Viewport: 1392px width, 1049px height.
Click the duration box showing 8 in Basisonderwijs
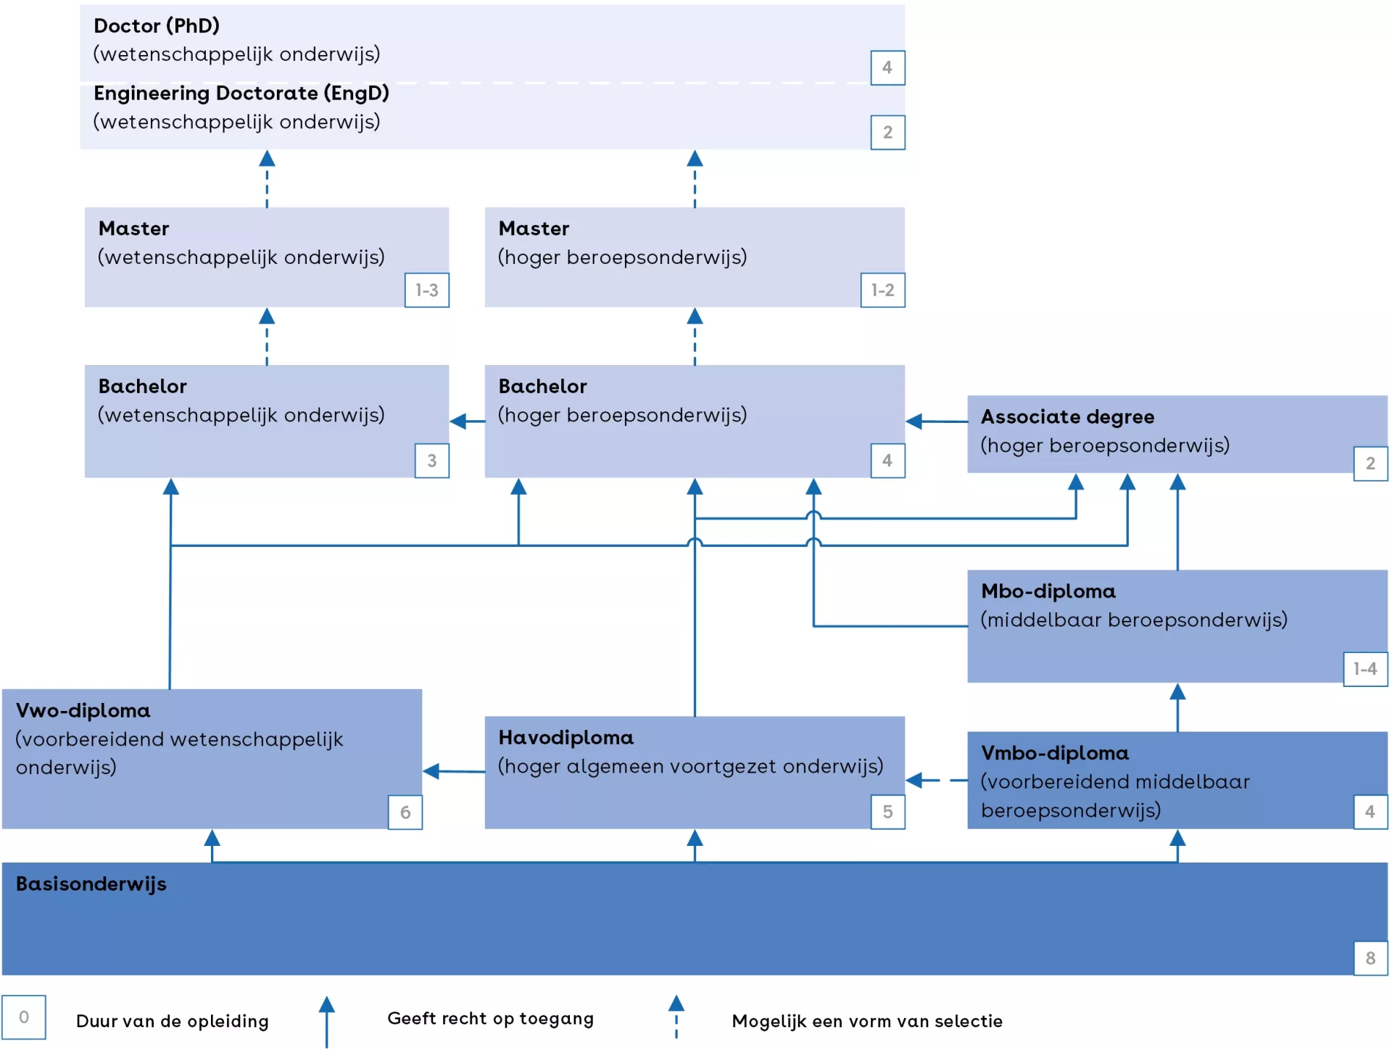[1370, 958]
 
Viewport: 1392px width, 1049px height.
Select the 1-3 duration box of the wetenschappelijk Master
[426, 290]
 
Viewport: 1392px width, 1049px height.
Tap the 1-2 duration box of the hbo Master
[882, 290]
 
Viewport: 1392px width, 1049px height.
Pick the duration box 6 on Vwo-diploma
[405, 812]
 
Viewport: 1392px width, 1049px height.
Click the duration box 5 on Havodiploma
[887, 812]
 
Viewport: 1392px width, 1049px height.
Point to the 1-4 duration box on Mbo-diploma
[1365, 669]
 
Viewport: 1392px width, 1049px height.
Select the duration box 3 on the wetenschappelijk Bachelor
[431, 461]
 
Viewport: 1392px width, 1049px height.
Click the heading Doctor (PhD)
[157, 26]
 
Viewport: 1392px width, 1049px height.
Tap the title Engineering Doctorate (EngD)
[241, 94]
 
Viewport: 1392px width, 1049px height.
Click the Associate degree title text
[1067, 417]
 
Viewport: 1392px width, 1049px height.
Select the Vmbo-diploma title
[1055, 753]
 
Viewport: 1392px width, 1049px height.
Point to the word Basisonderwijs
[91, 884]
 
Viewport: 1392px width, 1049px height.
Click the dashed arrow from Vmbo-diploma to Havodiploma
[935, 781]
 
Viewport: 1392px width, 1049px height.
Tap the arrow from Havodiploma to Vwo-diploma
[453, 771]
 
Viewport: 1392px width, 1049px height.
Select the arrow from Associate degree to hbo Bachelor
[935, 421]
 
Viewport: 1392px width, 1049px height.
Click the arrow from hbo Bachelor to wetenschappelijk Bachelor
[467, 421]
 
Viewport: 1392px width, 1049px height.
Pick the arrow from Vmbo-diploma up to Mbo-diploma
[1177, 707]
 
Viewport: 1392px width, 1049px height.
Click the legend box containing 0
[24, 1017]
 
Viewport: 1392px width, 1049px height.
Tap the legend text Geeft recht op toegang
[490, 1019]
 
